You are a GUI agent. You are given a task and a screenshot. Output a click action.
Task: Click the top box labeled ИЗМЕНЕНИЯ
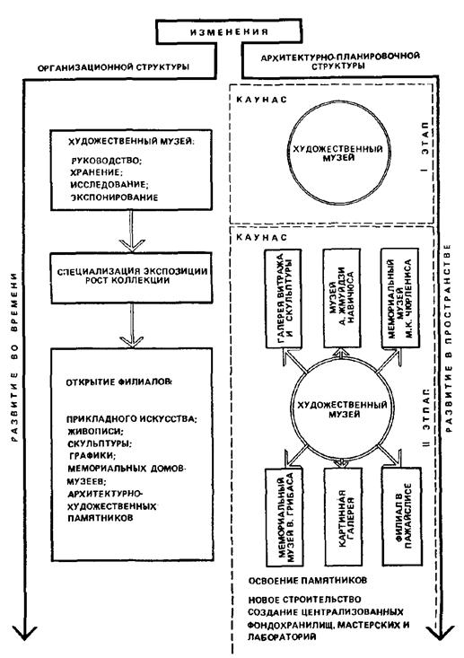tap(229, 32)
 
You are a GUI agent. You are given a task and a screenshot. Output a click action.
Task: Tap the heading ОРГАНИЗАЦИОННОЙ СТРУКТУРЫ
tap(113, 67)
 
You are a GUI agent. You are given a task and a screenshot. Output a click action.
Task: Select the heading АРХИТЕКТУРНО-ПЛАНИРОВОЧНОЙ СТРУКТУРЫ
tap(340, 61)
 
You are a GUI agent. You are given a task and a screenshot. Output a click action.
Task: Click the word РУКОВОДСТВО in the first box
tap(107, 161)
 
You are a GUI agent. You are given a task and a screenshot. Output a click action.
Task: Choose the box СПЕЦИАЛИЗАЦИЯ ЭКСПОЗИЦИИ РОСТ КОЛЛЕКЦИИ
tap(131, 277)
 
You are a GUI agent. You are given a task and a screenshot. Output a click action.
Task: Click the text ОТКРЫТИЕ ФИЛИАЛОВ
tap(118, 382)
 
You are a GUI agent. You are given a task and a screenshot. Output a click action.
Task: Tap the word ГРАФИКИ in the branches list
tap(92, 455)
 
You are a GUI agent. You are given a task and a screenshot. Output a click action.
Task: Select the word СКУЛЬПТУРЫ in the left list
tap(100, 443)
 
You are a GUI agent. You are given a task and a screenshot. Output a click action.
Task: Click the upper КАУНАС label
tap(262, 100)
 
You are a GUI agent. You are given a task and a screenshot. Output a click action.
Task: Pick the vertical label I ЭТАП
tap(425, 147)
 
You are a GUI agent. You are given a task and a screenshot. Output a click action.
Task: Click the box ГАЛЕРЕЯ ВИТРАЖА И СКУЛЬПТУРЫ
tap(284, 299)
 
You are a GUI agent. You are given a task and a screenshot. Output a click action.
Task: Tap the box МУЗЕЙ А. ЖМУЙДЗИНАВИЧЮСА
tap(342, 298)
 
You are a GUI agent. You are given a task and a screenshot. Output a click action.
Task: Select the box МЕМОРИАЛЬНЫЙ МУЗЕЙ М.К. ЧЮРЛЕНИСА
tap(399, 298)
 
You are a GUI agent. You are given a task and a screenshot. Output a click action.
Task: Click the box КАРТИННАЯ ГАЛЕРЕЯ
tap(343, 516)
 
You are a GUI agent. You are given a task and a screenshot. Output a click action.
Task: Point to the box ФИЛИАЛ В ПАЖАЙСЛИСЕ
tap(401, 516)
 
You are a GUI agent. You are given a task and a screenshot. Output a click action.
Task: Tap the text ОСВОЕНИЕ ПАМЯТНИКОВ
tap(308, 581)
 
